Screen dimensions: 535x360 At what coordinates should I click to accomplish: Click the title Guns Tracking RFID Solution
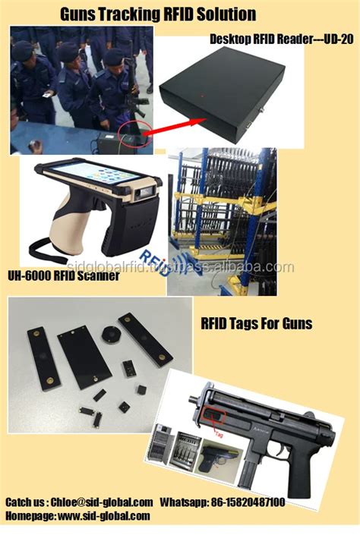[157, 14]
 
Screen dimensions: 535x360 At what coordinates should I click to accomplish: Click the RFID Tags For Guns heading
[257, 324]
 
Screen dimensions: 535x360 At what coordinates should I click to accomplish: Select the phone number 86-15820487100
[247, 502]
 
